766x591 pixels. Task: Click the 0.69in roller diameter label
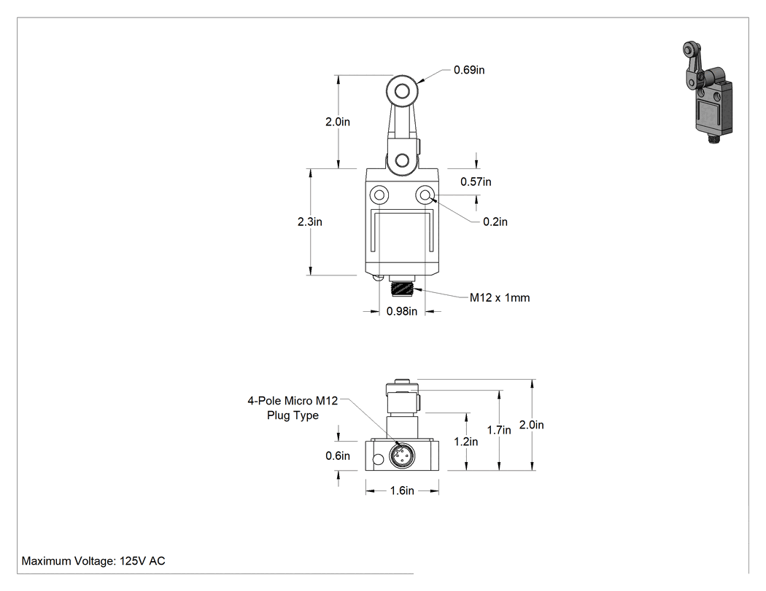[x=469, y=70]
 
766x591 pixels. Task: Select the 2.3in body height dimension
[x=310, y=222]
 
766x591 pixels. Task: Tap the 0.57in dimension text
[x=476, y=181]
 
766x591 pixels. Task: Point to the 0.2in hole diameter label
[x=495, y=222]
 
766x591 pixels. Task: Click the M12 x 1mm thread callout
[x=500, y=298]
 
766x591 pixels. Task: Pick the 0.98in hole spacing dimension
[x=402, y=311]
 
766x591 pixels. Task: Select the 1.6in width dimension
[x=402, y=490]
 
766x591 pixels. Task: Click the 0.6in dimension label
[x=338, y=455]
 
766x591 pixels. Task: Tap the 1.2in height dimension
[x=465, y=442]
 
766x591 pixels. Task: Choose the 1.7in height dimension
[x=499, y=430]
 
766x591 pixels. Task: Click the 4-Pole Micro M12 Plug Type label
[x=293, y=408]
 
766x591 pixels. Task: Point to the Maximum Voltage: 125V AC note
[x=93, y=560]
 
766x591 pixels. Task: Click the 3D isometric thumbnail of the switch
[x=707, y=93]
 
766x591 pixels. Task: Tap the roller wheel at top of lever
[x=403, y=91]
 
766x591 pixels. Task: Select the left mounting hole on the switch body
[x=379, y=195]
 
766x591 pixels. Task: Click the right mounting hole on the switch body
[x=425, y=195]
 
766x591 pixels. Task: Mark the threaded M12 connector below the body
[x=402, y=288]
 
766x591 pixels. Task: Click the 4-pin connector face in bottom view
[x=402, y=455]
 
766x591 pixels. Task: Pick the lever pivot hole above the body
[x=403, y=160]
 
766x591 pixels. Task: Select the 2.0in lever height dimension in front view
[x=338, y=122]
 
